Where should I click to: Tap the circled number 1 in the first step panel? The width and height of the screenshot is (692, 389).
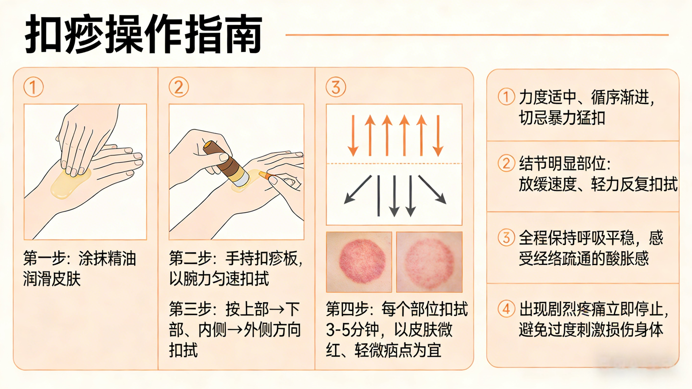tap(33, 87)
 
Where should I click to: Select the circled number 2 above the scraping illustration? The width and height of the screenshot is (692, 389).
tap(179, 87)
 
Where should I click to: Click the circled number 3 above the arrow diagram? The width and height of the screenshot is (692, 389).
tap(336, 87)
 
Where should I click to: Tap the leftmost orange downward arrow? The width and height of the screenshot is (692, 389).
tap(353, 136)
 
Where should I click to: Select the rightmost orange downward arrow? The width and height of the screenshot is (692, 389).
tap(438, 136)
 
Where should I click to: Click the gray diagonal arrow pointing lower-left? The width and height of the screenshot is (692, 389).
tap(358, 190)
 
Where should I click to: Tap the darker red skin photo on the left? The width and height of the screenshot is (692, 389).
tap(359, 262)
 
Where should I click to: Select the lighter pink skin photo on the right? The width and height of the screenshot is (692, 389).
tap(429, 262)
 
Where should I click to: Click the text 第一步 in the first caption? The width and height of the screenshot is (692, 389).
tap(44, 258)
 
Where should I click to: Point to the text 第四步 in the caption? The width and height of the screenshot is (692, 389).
tap(347, 309)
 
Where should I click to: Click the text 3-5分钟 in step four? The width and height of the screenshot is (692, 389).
tap(352, 330)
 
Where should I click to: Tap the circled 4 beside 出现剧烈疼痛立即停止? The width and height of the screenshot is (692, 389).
tap(506, 309)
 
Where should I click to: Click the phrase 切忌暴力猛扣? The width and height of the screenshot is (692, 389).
tap(562, 118)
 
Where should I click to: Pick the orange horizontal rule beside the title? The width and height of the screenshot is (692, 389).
tap(477, 35)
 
